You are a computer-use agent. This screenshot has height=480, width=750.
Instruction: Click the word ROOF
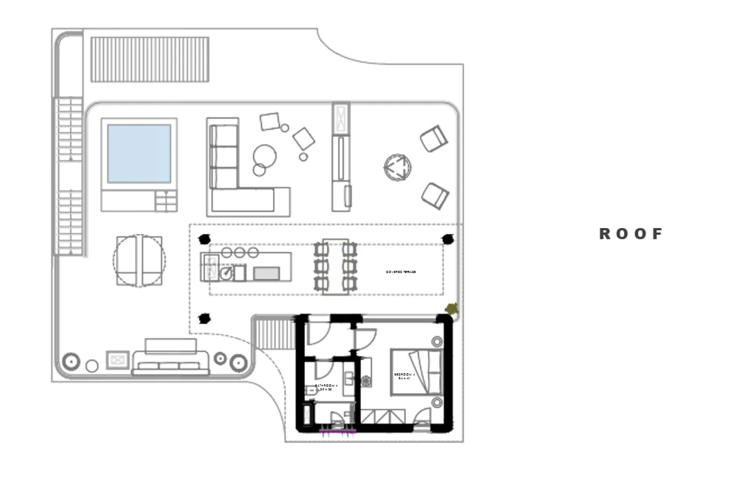(631, 234)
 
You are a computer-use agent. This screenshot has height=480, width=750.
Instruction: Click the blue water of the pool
(139, 154)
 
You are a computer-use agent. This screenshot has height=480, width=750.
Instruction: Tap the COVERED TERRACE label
(401, 272)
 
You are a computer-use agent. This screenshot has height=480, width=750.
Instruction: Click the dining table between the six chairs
(335, 266)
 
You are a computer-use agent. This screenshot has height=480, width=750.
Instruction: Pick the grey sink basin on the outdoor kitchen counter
(266, 274)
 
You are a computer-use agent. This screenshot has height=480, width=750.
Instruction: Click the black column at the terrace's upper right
(448, 239)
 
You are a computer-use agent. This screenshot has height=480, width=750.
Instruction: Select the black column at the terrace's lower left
(204, 319)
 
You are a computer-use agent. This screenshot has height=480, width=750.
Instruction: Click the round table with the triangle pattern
(398, 167)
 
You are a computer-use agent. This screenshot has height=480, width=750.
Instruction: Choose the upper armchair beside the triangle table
(433, 139)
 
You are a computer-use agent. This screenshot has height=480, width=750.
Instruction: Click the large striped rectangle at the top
(150, 59)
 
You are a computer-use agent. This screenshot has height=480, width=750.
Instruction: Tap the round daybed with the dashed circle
(139, 261)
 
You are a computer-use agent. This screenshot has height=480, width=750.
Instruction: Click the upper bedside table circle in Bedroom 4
(437, 342)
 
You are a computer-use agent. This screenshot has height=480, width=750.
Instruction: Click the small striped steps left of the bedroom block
(273, 334)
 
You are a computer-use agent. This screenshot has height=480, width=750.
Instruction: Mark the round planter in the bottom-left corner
(71, 362)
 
